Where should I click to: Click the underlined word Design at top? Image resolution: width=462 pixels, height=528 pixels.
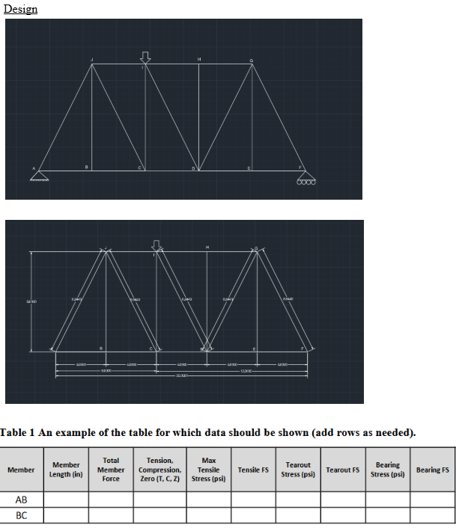[x=20, y=9]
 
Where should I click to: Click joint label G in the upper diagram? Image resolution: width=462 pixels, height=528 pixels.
[x=252, y=59]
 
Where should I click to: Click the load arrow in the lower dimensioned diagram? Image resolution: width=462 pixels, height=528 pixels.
[x=156, y=245]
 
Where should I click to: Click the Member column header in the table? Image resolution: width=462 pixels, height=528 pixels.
[x=21, y=470]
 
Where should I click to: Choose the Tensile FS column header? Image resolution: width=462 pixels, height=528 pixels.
[x=253, y=470]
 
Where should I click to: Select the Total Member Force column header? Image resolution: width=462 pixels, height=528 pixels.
[x=111, y=470]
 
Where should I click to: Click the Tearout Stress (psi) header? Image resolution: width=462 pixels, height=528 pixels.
[x=298, y=470]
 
